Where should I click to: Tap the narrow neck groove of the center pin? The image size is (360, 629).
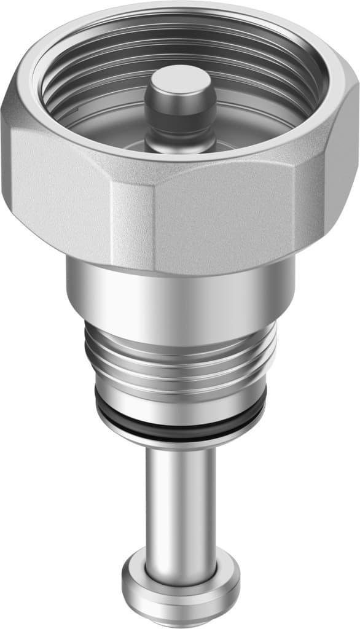pyautogui.click(x=179, y=123)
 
